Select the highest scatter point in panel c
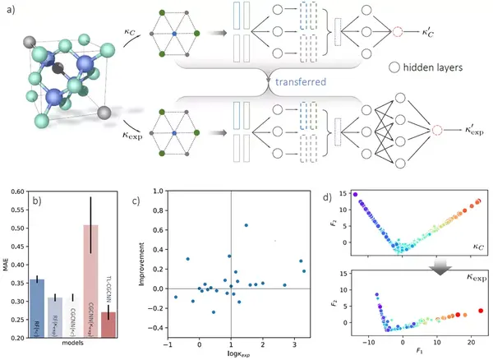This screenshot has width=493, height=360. pyautogui.click(x=246, y=225)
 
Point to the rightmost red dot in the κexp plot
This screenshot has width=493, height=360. pyautogui.click(x=481, y=311)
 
